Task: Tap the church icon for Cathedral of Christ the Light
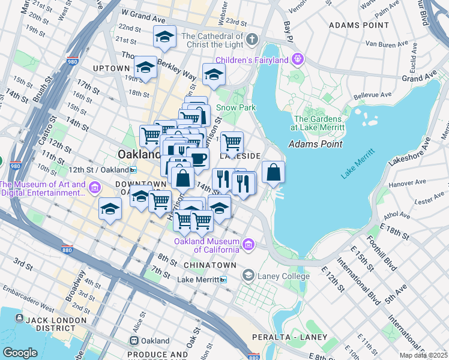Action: click(x=252, y=40)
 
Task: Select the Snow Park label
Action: click(x=236, y=107)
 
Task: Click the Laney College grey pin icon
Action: click(x=248, y=275)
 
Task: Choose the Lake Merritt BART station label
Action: click(x=202, y=279)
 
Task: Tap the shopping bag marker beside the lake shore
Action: click(x=273, y=172)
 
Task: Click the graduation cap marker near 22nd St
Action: click(x=164, y=37)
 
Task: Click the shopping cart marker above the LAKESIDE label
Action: click(x=232, y=143)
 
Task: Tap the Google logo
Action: click(x=20, y=352)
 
